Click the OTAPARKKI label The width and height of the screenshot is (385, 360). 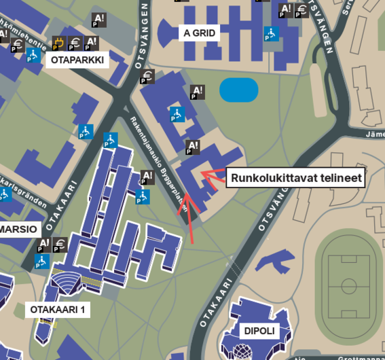tap(77, 60)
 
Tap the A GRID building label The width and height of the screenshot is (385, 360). tap(200, 33)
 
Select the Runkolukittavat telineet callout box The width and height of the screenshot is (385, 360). tap(296, 178)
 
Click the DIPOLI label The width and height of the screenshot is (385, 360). tap(258, 331)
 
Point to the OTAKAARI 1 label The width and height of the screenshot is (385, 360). tap(58, 310)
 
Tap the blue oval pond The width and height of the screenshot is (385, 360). tap(239, 90)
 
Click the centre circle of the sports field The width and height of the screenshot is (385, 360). tap(348, 285)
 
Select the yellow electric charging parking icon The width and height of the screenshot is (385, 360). tap(59, 44)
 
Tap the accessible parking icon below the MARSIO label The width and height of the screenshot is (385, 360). tap(42, 261)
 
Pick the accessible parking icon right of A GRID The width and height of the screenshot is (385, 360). tap(271, 34)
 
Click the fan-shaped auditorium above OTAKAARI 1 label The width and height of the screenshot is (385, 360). tap(67, 281)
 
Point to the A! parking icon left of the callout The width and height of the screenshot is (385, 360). tap(193, 147)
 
